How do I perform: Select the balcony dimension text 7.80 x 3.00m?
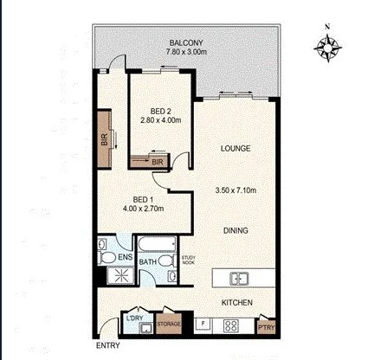tap(186, 52)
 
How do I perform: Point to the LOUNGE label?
tap(235, 149)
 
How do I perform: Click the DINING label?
tap(236, 230)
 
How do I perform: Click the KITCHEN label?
tap(236, 302)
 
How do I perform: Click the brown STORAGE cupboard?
tap(168, 325)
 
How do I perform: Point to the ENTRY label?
tap(109, 345)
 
